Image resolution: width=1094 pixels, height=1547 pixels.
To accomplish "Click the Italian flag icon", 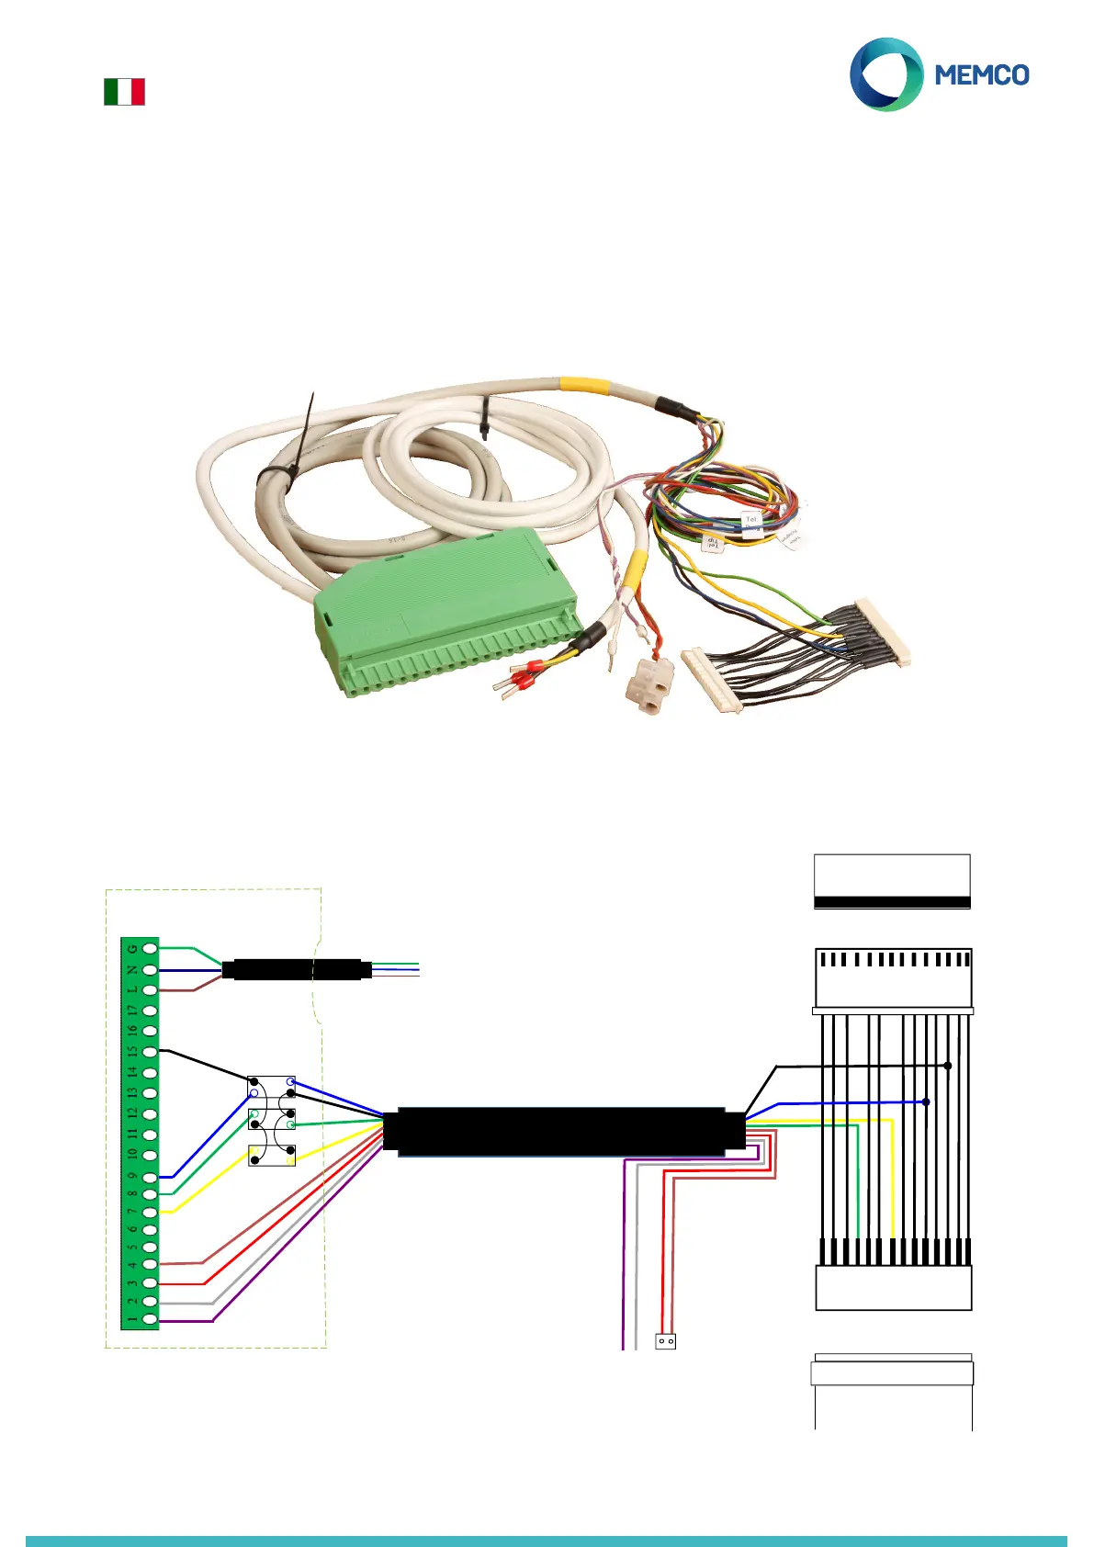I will pyautogui.click(x=124, y=92).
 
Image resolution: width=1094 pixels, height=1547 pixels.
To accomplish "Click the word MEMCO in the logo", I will pyautogui.click(x=981, y=75).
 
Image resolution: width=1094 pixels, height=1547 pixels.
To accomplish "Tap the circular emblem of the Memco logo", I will pyautogui.click(x=885, y=74).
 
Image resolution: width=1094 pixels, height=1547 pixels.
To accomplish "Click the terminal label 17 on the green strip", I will pyautogui.click(x=132, y=1011).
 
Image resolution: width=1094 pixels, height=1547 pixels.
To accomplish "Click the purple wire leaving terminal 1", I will pyautogui.click(x=188, y=1321).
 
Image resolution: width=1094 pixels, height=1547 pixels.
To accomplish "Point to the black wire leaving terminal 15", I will pyautogui.click(x=202, y=1064).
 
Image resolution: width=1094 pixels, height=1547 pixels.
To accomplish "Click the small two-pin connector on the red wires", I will pyautogui.click(x=666, y=1341).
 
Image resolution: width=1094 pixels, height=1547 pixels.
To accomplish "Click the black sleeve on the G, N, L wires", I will pyautogui.click(x=294, y=969).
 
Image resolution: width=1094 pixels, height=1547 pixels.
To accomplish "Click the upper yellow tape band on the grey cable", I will pyautogui.click(x=584, y=384).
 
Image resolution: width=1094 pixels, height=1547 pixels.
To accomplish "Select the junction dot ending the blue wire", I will pyautogui.click(x=926, y=1101).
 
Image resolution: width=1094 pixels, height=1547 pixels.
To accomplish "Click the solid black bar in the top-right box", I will pyautogui.click(x=892, y=902).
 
